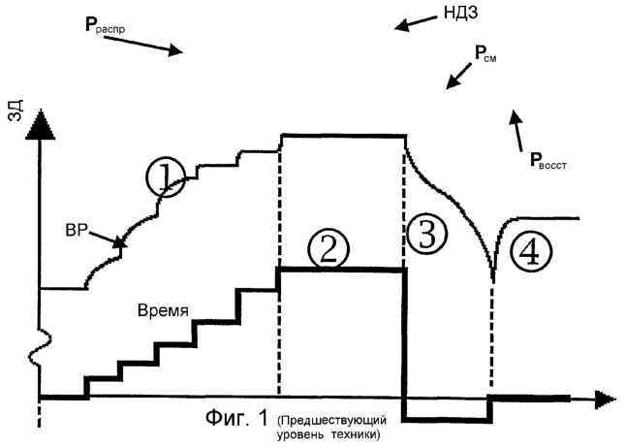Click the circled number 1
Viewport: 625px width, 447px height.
(x=165, y=177)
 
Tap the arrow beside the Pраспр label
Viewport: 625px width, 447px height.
(x=161, y=45)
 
